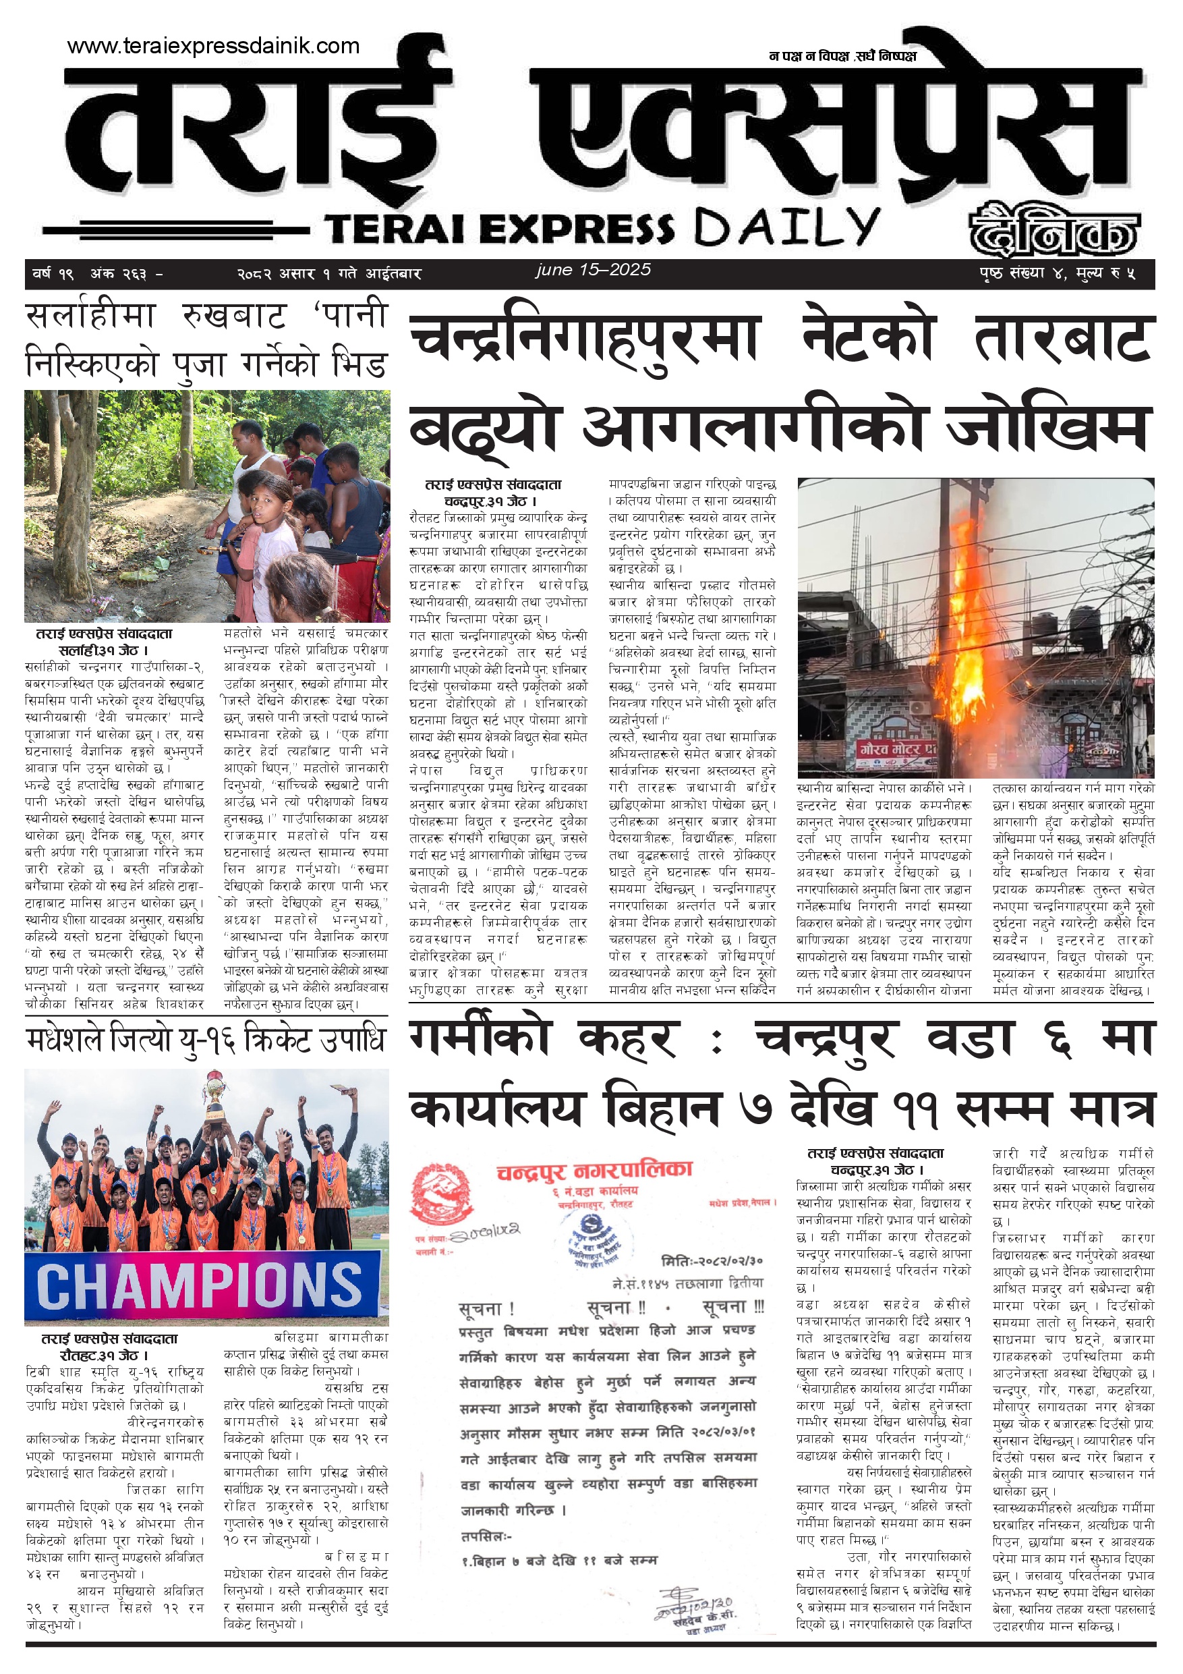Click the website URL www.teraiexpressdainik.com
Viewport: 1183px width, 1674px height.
coord(213,46)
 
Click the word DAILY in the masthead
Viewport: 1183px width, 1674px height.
coord(786,227)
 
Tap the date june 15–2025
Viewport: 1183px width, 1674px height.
coord(593,270)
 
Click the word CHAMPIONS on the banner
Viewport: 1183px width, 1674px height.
coord(198,1286)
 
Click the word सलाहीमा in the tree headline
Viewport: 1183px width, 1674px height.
coord(90,316)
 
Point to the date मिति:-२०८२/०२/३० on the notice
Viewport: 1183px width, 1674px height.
coord(712,1260)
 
